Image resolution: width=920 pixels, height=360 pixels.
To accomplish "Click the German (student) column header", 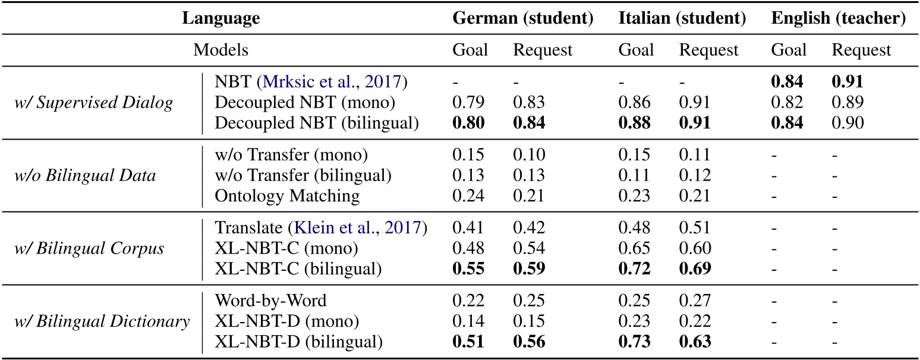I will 523,18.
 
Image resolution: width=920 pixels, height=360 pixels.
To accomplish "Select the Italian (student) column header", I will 682,18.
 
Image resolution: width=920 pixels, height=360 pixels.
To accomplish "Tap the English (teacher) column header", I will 838,18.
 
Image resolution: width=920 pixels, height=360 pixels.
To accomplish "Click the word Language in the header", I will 220,18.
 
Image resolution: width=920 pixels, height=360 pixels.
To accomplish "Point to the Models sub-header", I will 220,50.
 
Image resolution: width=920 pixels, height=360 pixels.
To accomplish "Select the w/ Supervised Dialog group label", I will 94,103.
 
